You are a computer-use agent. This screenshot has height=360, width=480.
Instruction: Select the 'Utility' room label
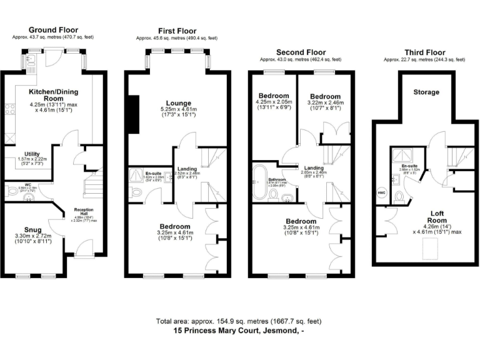(32, 154)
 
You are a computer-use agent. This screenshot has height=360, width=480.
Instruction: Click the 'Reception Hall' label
(83, 211)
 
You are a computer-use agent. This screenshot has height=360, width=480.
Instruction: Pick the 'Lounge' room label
(178, 103)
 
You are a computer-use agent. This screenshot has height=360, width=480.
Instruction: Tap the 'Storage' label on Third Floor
(426, 92)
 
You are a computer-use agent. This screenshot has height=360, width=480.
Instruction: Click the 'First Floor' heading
(176, 31)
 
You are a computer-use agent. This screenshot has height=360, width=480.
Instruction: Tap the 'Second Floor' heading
(301, 52)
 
